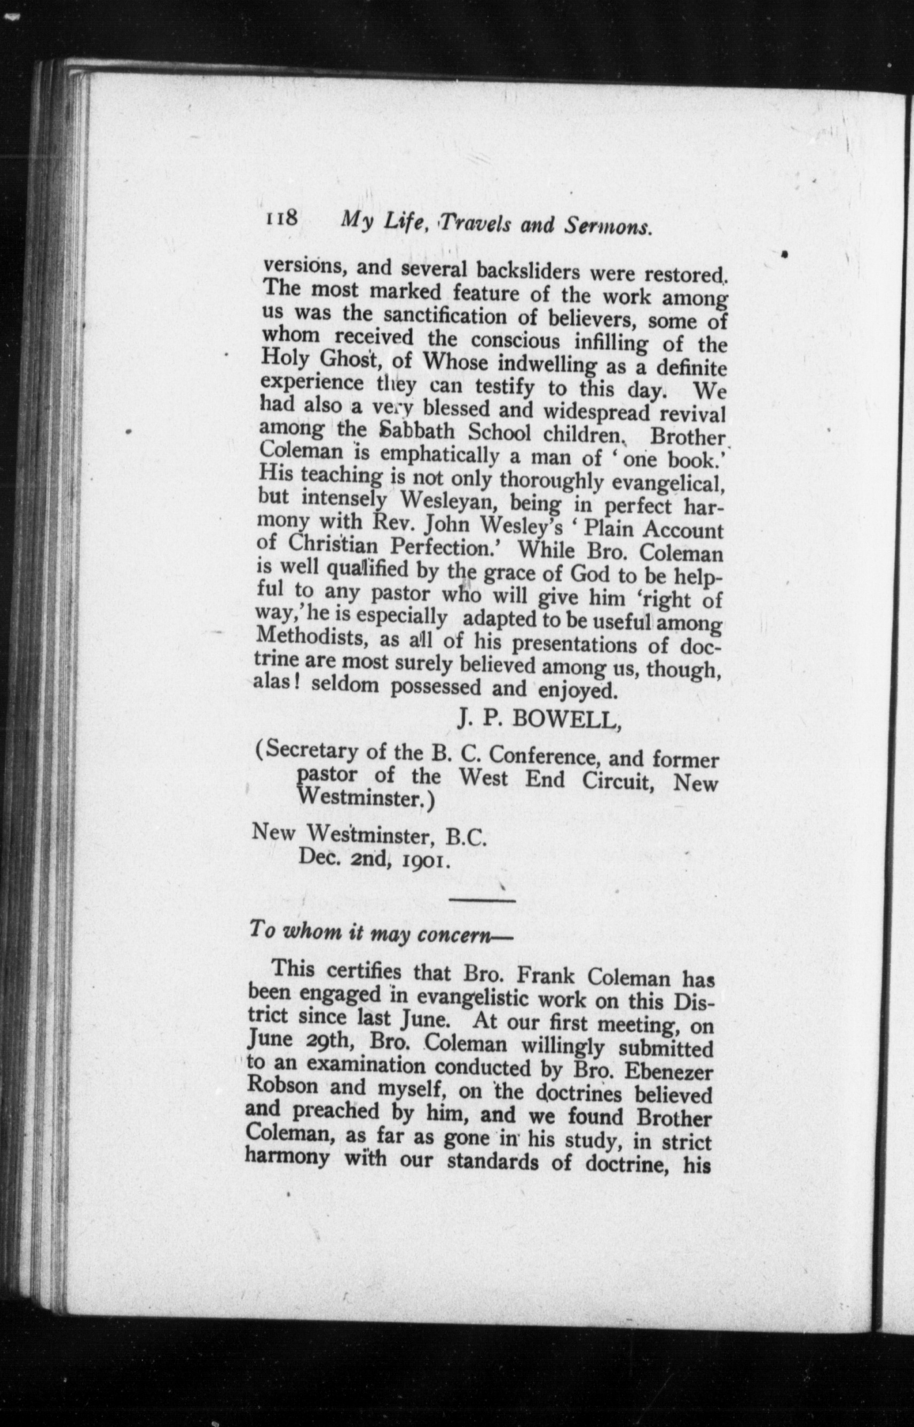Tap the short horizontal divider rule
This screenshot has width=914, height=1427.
point(482,901)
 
